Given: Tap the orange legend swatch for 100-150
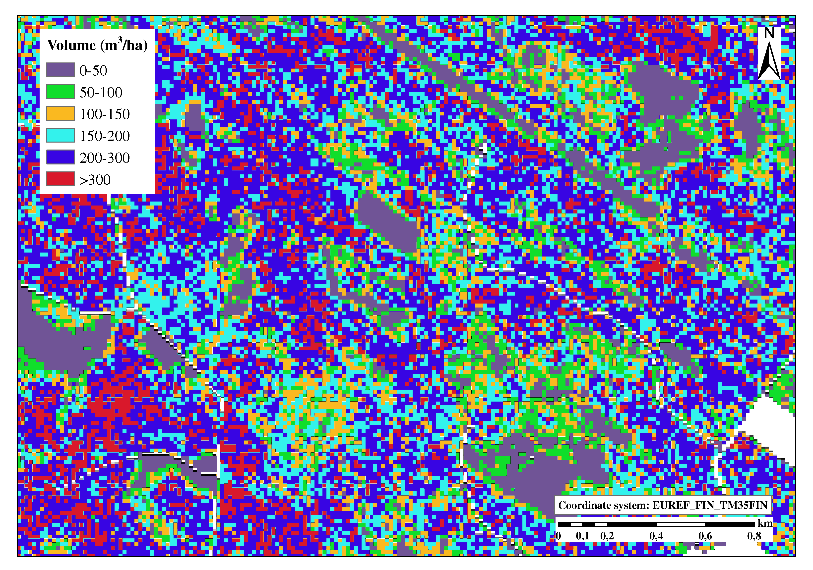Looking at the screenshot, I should click(x=61, y=113).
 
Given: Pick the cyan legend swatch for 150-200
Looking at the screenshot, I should click(x=61, y=135).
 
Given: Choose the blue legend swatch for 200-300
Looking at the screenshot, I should click(x=61, y=157).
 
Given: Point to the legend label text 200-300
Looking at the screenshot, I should click(x=105, y=158).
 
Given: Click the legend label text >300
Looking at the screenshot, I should click(x=95, y=180).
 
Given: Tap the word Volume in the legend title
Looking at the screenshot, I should click(x=71, y=45).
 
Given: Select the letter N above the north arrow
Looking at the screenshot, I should click(x=769, y=33).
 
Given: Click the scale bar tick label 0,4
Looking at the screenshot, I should click(x=656, y=536).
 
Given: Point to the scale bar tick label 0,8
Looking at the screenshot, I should click(x=754, y=536).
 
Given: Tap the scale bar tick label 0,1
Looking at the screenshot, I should click(x=582, y=536).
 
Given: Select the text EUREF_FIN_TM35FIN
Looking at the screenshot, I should click(x=710, y=505).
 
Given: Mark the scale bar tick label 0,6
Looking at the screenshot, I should click(x=705, y=536).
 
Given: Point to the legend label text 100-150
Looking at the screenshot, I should click(x=105, y=114).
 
